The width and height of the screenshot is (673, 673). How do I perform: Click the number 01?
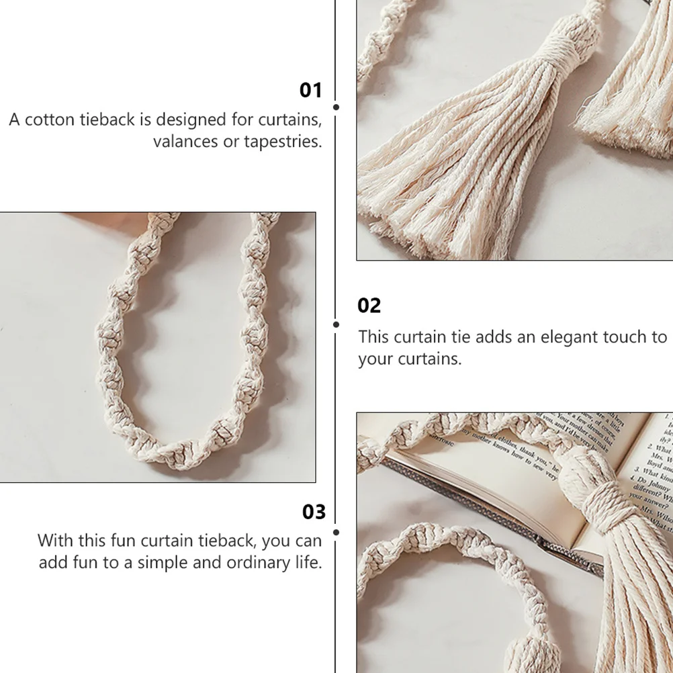tap(310, 90)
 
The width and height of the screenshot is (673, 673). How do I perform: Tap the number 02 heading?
tap(369, 306)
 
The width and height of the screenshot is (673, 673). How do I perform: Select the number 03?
tap(314, 512)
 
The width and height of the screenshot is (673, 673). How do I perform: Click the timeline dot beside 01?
tap(336, 107)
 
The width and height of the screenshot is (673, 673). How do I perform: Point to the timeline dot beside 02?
tap(336, 324)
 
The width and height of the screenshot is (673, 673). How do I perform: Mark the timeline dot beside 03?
tap(336, 532)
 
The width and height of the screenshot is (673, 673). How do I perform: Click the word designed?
tap(191, 120)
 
